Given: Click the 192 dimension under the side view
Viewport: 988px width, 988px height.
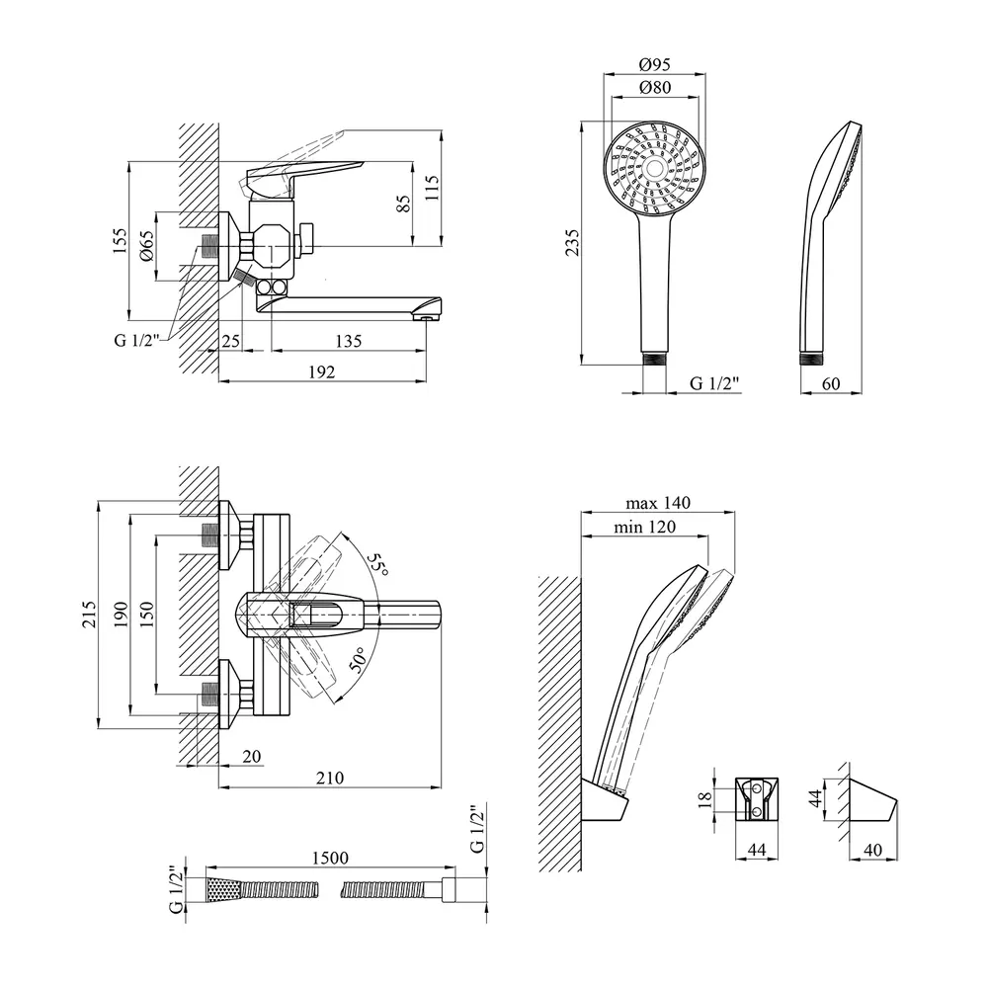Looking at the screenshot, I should (x=322, y=371).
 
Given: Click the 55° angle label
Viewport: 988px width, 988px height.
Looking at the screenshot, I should (x=376, y=566).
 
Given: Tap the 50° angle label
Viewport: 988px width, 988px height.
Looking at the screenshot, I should (x=357, y=657).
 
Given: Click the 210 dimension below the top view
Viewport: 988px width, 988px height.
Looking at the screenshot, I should (x=329, y=778).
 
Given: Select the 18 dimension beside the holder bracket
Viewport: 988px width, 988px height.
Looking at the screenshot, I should (x=704, y=798).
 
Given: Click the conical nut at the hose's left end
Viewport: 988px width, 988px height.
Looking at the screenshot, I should (x=222, y=888).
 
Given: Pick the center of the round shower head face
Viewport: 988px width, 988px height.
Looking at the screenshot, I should (x=654, y=171).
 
